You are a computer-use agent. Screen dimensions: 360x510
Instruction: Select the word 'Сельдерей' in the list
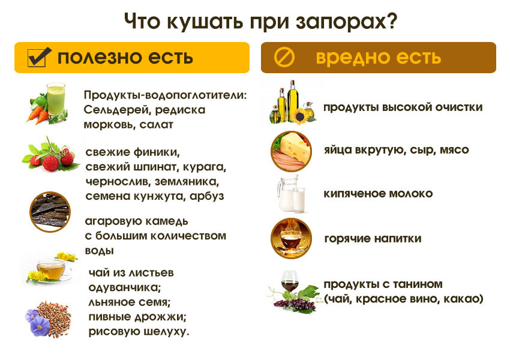pyautogui.click(x=115, y=110)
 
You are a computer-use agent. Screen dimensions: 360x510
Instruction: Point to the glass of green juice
pyautogui.click(x=56, y=98)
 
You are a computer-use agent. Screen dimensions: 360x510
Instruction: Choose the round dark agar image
pyautogui.click(x=50, y=212)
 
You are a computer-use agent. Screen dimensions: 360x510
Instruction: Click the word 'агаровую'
pyautogui.click(x=112, y=220)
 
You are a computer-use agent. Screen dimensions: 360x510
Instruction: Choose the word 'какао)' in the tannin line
pyautogui.click(x=463, y=298)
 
